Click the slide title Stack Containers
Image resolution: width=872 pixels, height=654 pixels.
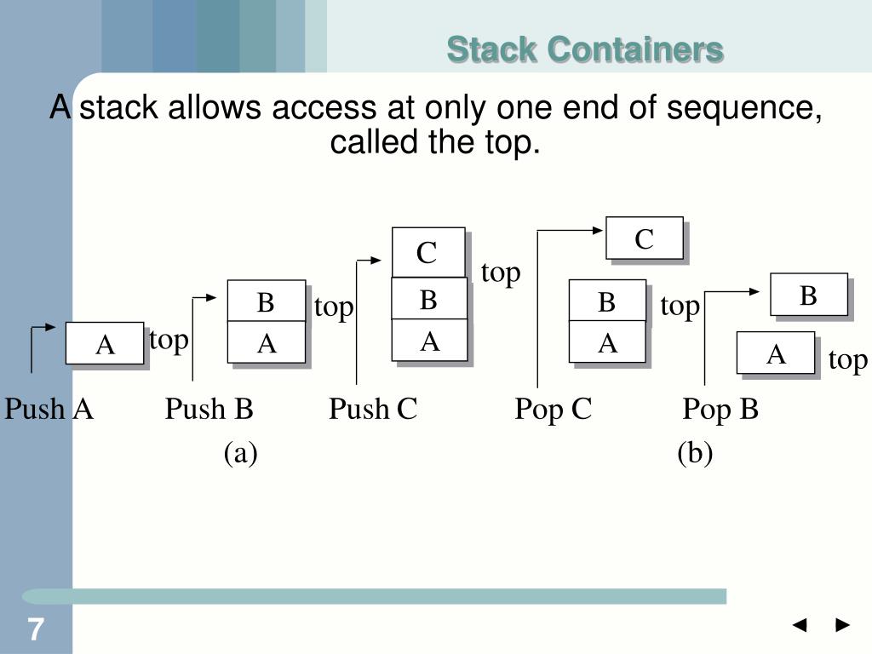point(585,50)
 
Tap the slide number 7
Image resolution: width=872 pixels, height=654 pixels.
point(35,631)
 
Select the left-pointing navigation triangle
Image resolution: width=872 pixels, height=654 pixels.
point(799,626)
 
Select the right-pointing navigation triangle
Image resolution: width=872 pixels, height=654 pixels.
point(843,626)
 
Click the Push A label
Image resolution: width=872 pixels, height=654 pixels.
point(49,410)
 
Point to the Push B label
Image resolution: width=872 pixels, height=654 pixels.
point(209,410)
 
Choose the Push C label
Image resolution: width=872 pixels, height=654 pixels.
point(373,410)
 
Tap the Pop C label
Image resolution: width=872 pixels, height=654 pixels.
point(553,410)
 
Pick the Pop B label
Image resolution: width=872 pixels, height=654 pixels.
point(720,410)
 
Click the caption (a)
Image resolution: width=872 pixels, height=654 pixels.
point(241,453)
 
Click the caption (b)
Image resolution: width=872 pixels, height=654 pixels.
point(695,453)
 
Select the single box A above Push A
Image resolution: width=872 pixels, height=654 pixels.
point(105,344)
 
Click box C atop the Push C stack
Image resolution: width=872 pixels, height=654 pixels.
point(427,253)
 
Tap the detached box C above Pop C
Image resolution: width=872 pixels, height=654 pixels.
point(644,238)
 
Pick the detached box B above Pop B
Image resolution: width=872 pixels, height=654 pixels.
point(808,295)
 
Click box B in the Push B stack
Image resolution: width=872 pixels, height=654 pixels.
point(266,301)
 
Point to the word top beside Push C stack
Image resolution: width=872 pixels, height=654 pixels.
point(500,272)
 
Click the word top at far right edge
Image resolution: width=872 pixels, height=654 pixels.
point(847,360)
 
